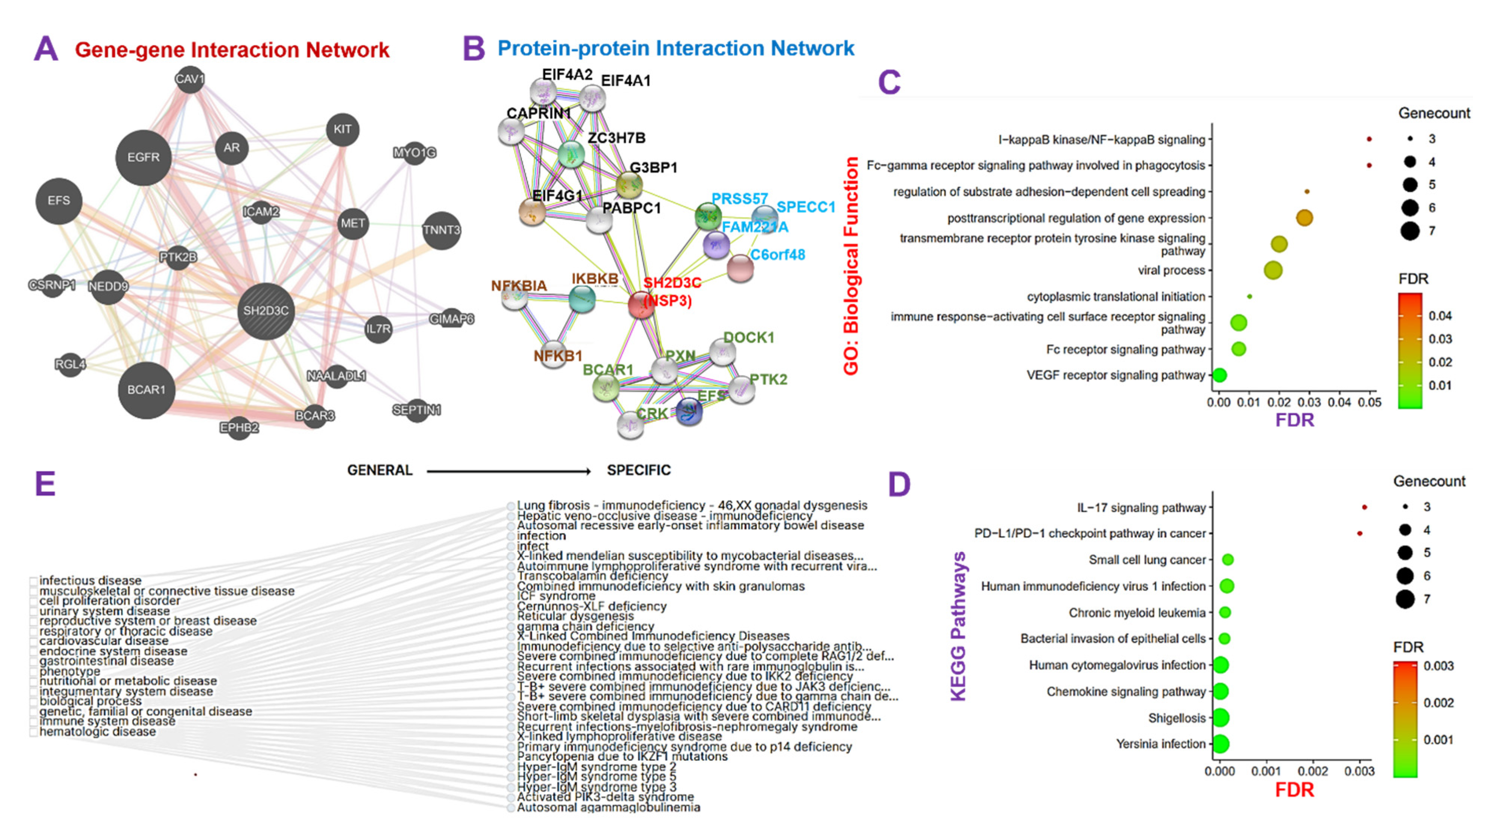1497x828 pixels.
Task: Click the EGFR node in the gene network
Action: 143,158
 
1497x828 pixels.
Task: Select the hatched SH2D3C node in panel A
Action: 265,311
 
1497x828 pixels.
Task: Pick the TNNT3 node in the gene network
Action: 442,230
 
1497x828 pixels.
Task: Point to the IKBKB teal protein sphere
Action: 582,299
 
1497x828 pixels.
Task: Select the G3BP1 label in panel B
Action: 653,167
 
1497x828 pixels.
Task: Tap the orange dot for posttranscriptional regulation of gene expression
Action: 1304,218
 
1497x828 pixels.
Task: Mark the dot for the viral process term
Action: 1273,271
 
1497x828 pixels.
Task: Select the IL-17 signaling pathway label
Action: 1141,508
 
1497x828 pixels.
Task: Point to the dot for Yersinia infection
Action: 1220,744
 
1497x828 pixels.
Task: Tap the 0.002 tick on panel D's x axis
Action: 1313,771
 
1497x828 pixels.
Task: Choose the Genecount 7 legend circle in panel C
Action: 1410,231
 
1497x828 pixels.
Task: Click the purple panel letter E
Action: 45,484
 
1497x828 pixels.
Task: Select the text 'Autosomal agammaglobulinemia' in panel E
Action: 608,807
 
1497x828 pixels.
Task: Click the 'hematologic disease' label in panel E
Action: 98,731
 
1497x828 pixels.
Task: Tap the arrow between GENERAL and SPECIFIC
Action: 508,471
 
